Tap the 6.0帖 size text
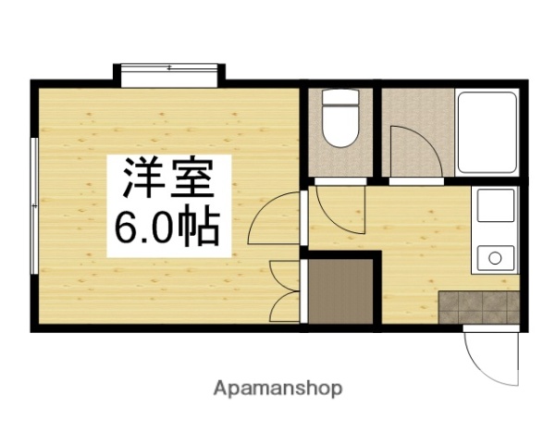point(166,227)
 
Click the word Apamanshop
point(278,388)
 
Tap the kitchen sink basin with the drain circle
point(493,254)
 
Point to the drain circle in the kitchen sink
point(495,255)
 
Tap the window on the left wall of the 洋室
point(33,205)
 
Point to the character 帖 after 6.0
point(201,227)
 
